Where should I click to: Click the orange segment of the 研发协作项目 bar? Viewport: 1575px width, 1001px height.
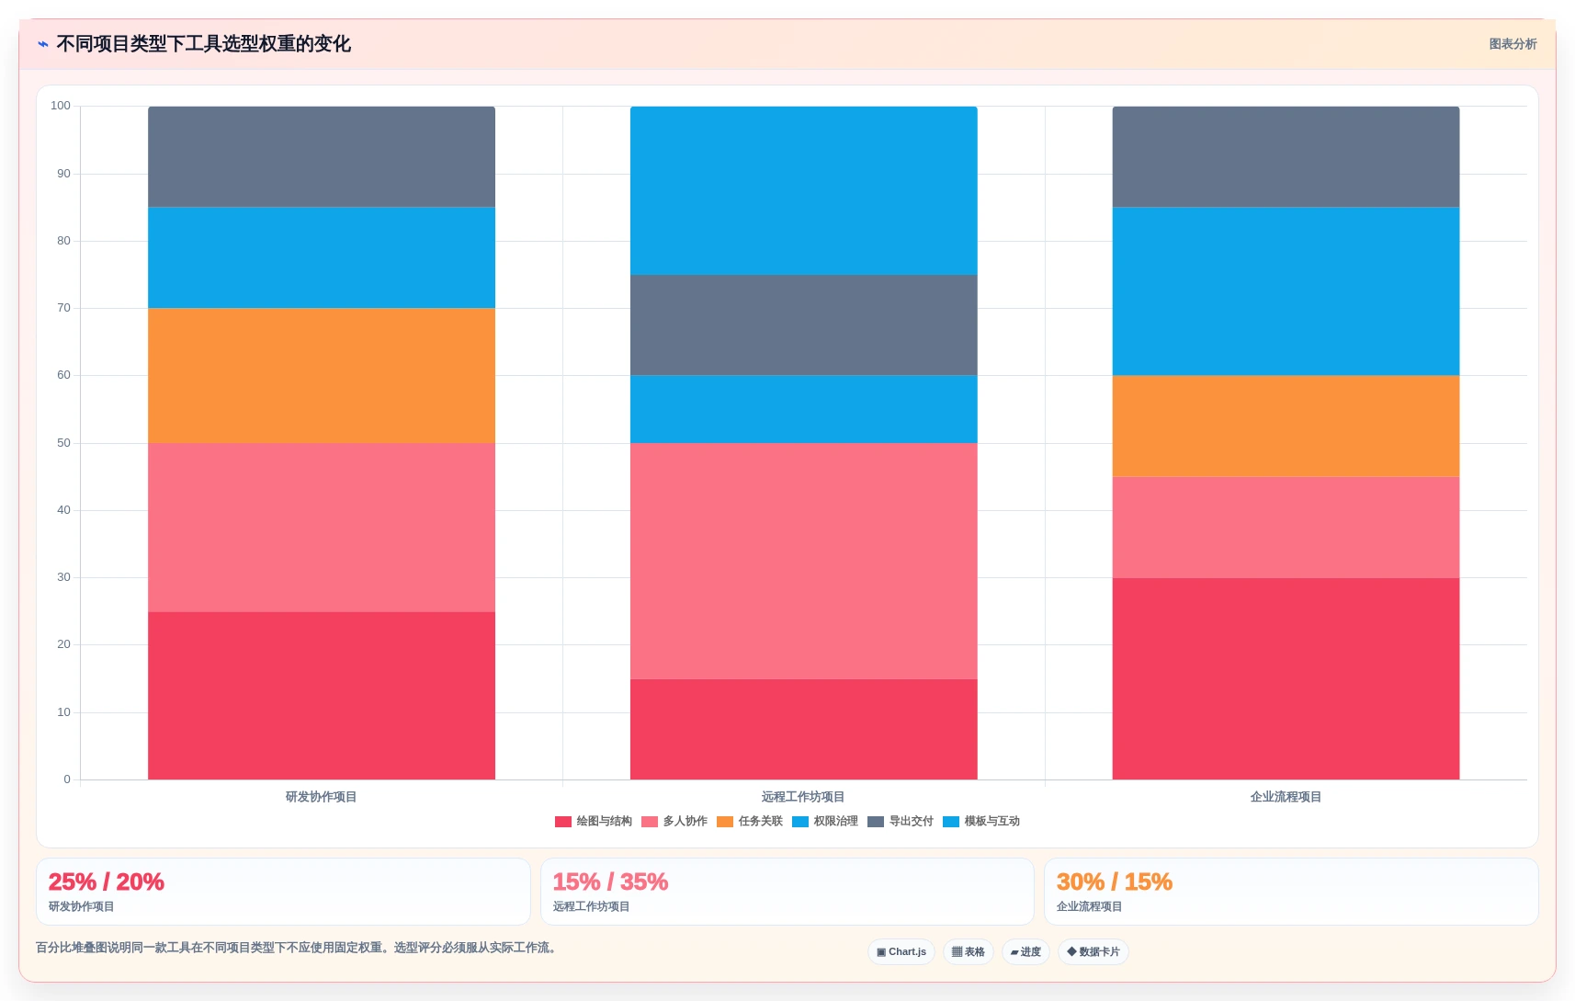pyautogui.click(x=322, y=376)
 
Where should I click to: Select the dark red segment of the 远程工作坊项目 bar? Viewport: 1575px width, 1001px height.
pyautogui.click(x=804, y=729)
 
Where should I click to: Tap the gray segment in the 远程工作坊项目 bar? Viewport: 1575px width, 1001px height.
pyautogui.click(x=804, y=325)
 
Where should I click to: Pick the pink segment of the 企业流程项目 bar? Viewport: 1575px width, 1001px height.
pyautogui.click(x=1286, y=528)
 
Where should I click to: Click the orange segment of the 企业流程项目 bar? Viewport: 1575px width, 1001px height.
pyautogui.click(x=1286, y=427)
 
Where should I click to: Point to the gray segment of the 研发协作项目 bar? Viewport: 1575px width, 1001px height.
pyautogui.click(x=322, y=157)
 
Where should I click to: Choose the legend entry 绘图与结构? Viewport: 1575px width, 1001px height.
pyautogui.click(x=594, y=821)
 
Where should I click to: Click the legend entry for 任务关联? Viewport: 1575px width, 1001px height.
pyautogui.click(x=750, y=821)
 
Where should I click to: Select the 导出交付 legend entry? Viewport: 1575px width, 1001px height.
pyautogui.click(x=900, y=821)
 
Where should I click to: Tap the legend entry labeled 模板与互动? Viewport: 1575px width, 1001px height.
pyautogui.click(x=980, y=821)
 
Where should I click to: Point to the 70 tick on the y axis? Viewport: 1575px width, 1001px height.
pyautogui.click(x=64, y=308)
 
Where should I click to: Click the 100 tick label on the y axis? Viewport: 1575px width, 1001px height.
pyautogui.click(x=61, y=106)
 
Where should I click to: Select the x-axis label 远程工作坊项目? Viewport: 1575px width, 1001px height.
pyautogui.click(x=803, y=797)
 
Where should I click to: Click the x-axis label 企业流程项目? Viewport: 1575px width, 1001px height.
pyautogui.click(x=1286, y=797)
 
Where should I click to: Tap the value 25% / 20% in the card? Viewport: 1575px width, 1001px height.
pyautogui.click(x=107, y=882)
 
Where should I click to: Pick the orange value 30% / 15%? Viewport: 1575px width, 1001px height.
pyautogui.click(x=1115, y=882)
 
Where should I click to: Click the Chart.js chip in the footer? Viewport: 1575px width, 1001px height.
pyautogui.click(x=901, y=951)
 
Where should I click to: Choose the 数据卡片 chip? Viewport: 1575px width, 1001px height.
pyautogui.click(x=1093, y=951)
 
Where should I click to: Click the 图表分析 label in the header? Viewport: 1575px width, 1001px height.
pyautogui.click(x=1513, y=44)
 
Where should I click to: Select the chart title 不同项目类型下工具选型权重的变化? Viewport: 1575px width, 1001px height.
pyautogui.click(x=203, y=43)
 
